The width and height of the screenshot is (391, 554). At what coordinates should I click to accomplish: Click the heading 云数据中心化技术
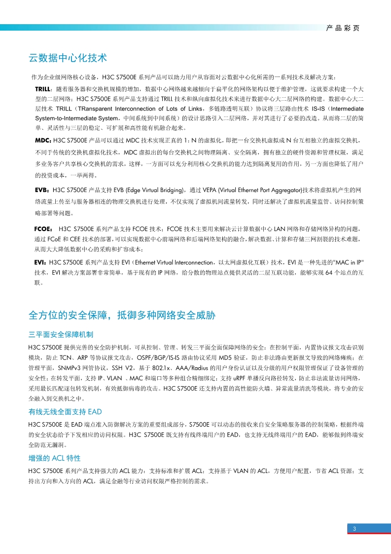68,58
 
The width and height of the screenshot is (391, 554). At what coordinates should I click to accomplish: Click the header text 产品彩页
343,28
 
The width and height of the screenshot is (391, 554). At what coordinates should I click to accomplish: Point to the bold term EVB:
43,190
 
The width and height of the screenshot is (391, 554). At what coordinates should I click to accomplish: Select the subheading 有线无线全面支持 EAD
65,412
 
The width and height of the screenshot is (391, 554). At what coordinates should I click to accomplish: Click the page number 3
355,529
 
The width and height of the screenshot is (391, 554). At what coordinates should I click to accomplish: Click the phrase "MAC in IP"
349,261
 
